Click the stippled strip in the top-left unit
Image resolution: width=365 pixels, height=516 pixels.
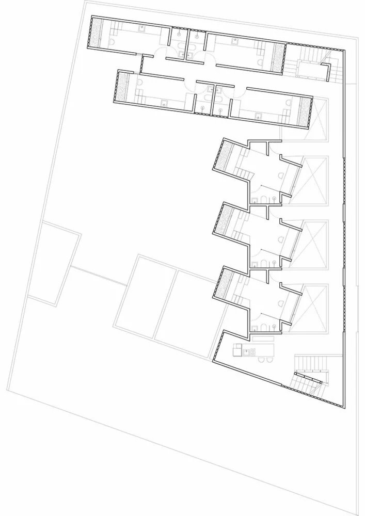tap(96, 33)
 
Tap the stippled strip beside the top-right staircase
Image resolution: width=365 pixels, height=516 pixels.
tap(279, 57)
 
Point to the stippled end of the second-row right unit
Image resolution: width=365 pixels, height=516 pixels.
tap(305, 110)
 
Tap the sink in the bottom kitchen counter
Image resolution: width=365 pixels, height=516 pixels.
tap(253, 352)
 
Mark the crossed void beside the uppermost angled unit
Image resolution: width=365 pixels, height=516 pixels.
tap(315, 174)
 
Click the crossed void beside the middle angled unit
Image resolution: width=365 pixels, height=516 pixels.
tap(315, 238)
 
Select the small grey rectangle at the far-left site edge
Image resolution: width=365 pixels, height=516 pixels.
tap(53, 262)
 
